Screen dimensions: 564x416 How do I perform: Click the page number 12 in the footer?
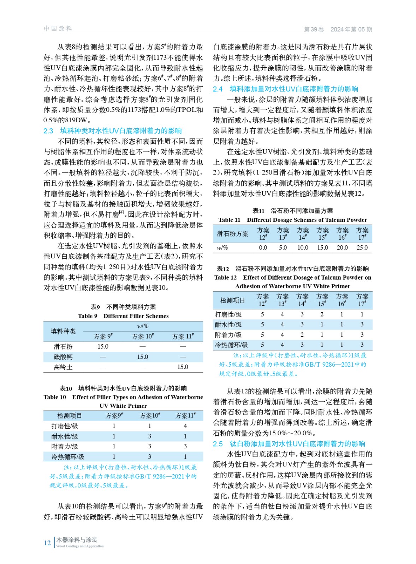click(47, 543)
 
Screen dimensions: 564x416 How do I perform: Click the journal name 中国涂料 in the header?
click(58, 29)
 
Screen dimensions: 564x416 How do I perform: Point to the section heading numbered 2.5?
click(289, 444)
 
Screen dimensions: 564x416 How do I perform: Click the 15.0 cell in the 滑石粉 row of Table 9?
click(103, 347)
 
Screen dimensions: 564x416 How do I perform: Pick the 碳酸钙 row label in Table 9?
click(63, 357)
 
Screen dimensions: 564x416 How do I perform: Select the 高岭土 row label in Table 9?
click(63, 367)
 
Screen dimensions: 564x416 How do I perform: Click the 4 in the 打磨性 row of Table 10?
click(185, 426)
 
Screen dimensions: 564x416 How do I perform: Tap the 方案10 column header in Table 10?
click(149, 416)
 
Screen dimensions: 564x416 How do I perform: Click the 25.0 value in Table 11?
click(362, 248)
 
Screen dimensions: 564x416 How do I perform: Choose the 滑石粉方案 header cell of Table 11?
click(232, 234)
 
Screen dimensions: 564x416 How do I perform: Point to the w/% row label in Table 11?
click(222, 248)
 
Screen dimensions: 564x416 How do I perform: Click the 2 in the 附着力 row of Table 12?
click(302, 335)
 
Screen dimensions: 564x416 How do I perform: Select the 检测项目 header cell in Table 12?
click(232, 300)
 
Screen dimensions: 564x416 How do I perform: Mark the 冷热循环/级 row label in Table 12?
click(231, 345)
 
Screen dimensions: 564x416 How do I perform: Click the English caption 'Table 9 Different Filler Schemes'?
click(123, 316)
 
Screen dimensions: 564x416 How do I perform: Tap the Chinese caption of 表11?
click(292, 211)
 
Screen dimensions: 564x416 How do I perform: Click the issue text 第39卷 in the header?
click(314, 30)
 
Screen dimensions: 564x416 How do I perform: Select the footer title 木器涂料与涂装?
click(77, 540)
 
